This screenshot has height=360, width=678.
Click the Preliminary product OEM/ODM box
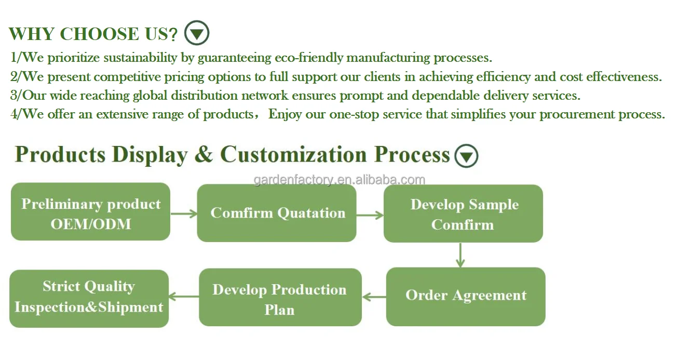coord(90,212)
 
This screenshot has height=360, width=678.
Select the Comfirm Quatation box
coord(277,213)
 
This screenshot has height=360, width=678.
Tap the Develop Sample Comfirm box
coord(463,214)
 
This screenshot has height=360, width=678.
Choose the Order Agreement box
coord(466,297)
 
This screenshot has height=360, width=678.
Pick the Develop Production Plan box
coord(280,298)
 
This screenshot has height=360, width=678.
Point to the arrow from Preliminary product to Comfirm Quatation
coord(184,213)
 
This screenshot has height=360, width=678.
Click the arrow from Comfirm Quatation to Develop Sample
coord(370,215)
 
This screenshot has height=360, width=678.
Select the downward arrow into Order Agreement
coord(460,255)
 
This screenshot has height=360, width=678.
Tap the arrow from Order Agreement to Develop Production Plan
coord(374,297)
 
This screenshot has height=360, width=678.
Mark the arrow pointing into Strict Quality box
coord(184,297)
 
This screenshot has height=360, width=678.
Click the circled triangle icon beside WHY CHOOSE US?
coord(197,33)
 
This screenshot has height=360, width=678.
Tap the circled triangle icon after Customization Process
coord(466,156)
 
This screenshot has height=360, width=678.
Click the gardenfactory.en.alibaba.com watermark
coord(340,180)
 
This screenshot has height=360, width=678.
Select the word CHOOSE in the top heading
coord(92,34)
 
